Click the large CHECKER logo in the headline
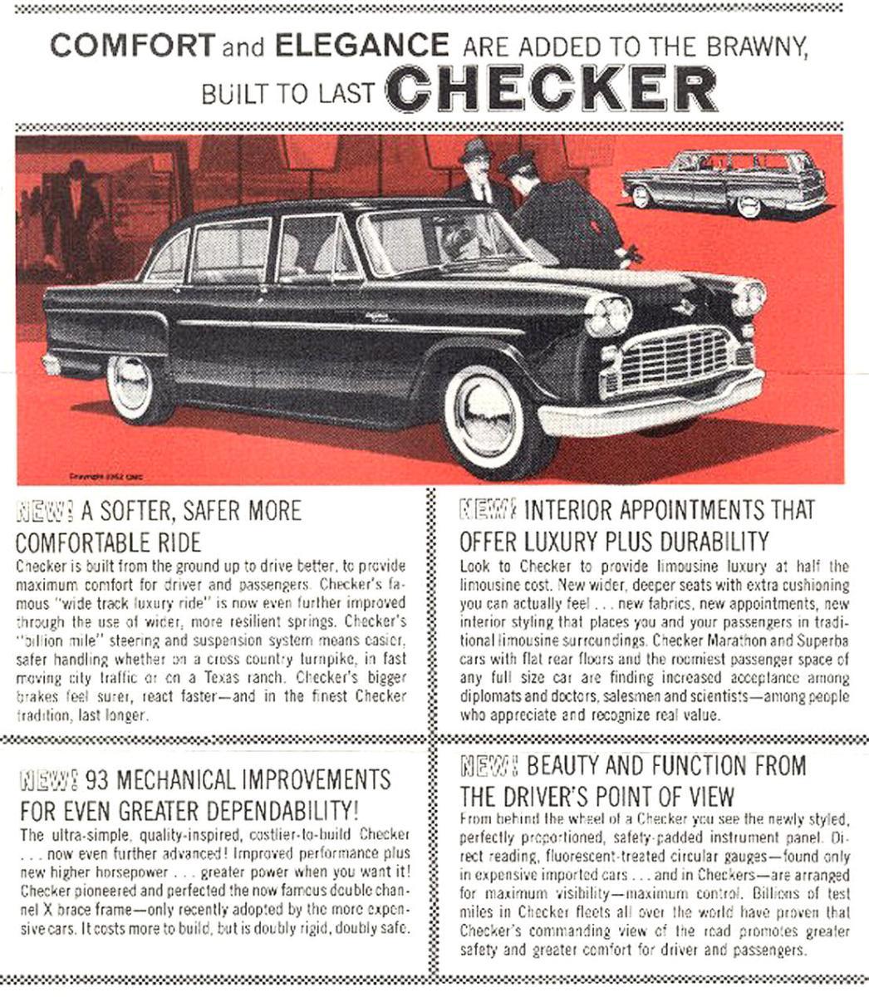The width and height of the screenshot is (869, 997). click(552, 88)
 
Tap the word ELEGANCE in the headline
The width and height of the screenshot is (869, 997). click(361, 45)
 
